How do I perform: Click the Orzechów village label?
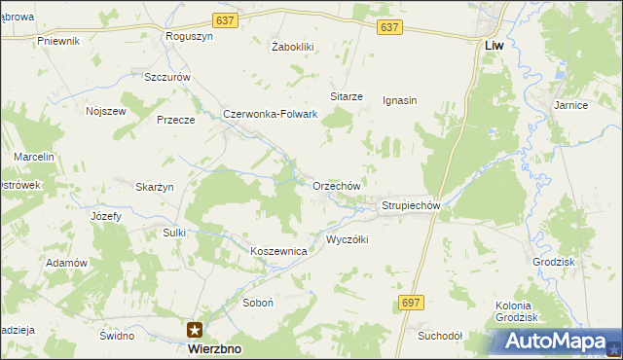[337, 186]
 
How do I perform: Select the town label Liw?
[494, 45]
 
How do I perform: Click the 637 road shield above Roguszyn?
[225, 20]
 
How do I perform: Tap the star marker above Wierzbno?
[196, 330]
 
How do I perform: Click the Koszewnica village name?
[279, 251]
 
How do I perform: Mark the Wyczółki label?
[347, 239]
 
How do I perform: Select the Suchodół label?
[439, 336]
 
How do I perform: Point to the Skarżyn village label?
[154, 187]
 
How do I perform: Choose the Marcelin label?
[33, 157]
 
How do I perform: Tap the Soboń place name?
[258, 303]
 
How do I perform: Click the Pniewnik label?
[57, 41]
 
